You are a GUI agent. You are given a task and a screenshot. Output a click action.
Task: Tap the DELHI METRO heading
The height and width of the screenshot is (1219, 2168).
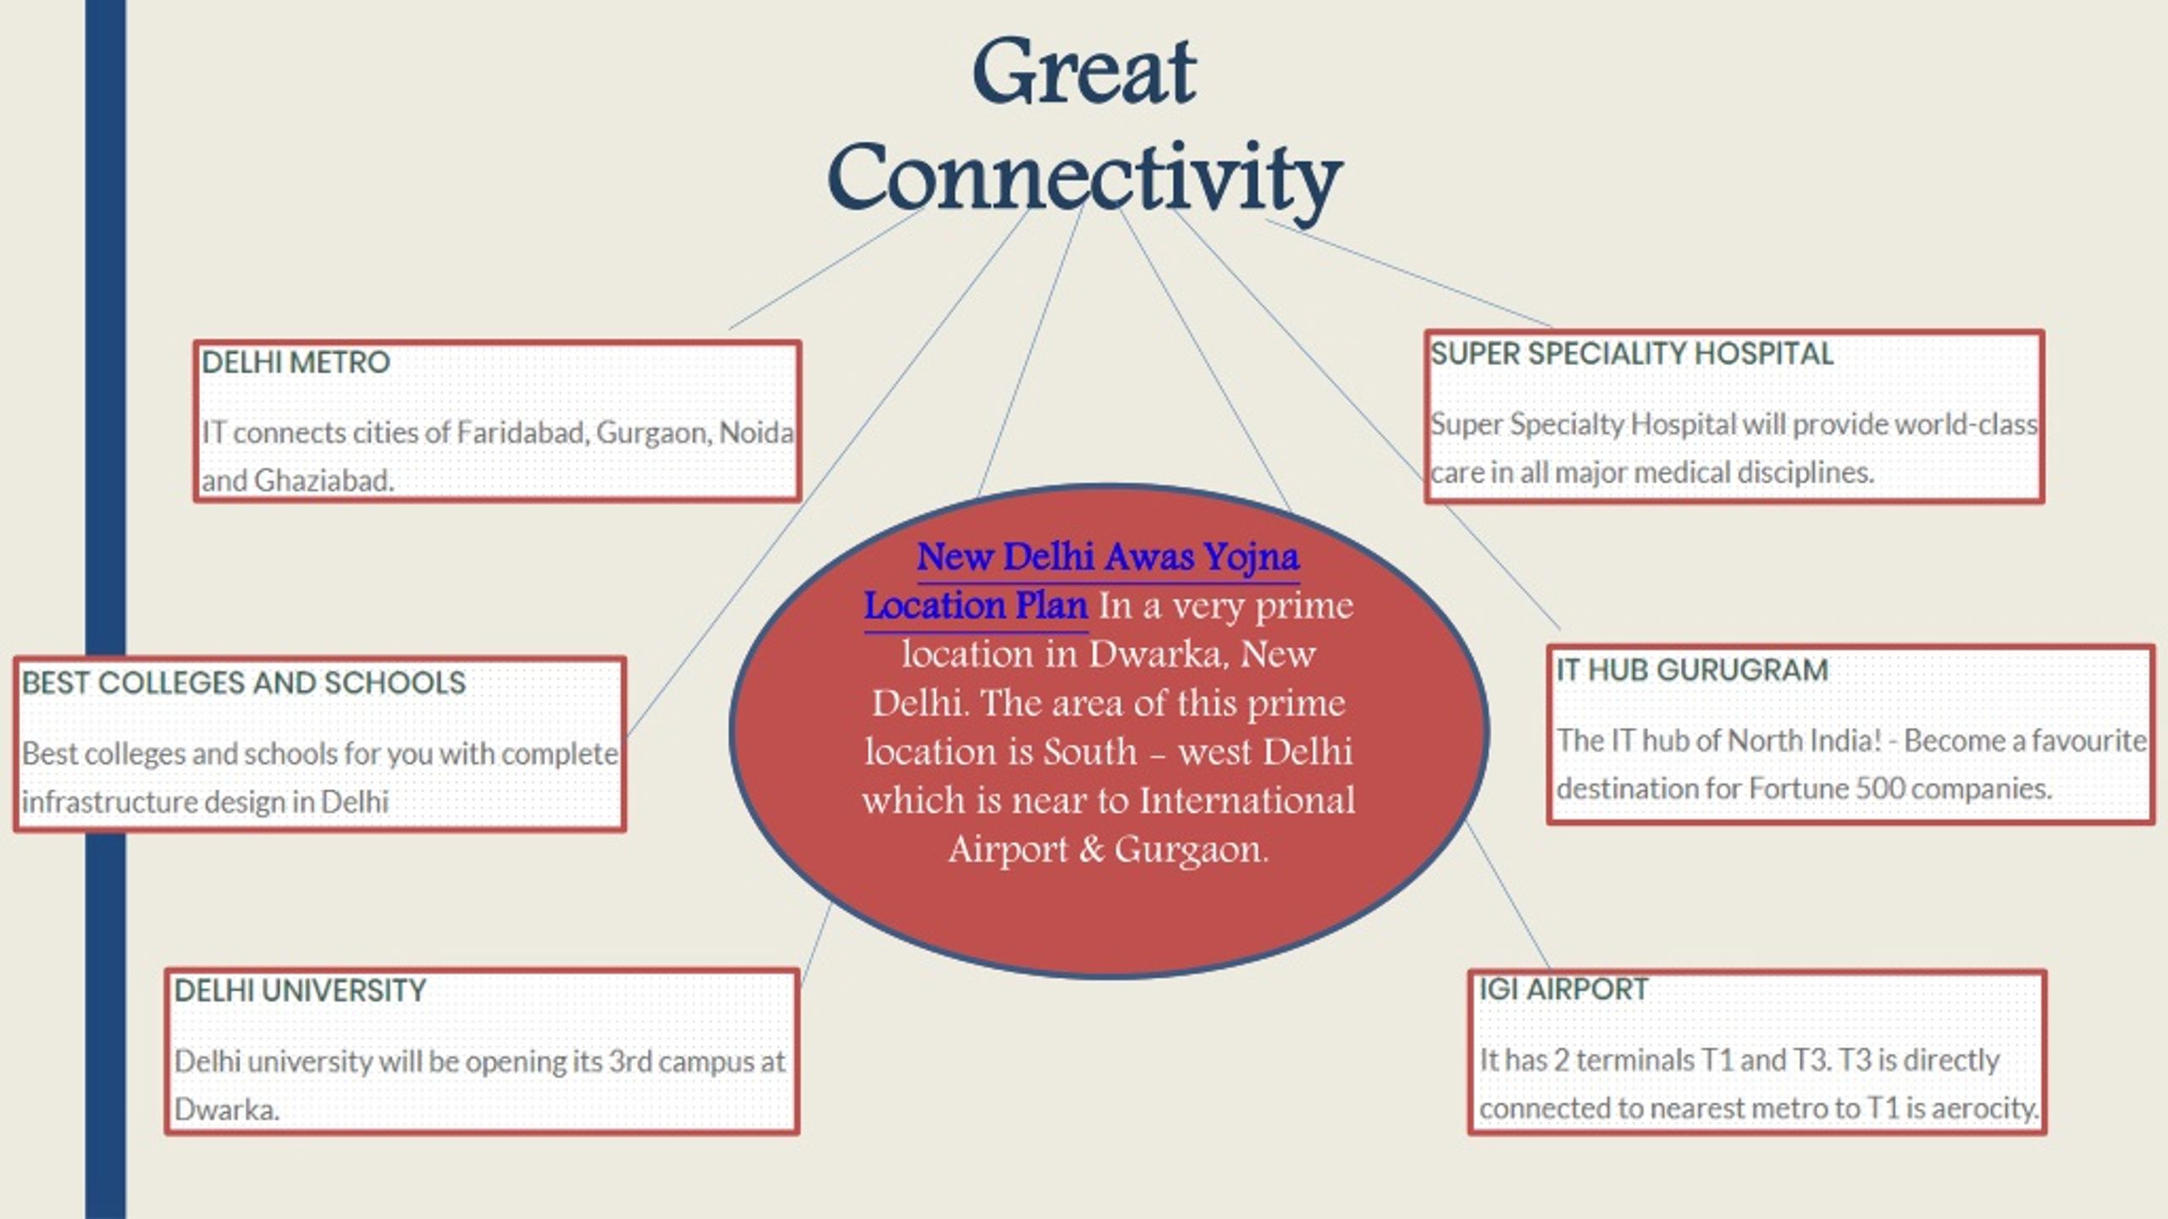coord(296,362)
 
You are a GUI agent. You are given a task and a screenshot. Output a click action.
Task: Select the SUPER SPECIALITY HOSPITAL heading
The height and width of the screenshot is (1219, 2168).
coord(1632,354)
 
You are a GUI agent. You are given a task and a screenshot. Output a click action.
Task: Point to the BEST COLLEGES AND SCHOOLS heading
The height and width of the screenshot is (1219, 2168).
coord(244,682)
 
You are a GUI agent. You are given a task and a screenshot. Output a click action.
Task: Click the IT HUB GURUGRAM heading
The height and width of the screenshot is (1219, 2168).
coord(1692,670)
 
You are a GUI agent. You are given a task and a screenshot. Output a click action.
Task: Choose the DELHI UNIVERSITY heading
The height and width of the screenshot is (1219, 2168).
coord(300,990)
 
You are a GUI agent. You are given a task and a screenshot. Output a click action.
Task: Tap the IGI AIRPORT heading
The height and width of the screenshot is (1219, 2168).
coord(1563,989)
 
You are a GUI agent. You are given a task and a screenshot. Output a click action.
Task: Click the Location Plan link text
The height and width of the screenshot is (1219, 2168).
coord(976,606)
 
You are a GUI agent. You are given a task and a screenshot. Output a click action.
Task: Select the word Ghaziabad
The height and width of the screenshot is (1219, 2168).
coord(324,481)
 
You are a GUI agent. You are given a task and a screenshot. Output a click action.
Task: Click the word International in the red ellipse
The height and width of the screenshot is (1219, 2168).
coord(1247,801)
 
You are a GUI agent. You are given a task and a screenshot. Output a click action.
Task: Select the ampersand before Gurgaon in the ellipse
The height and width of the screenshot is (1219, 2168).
coord(1091,849)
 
